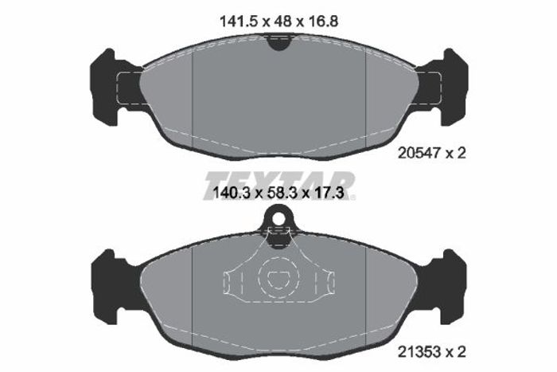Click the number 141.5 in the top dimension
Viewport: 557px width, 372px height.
239,22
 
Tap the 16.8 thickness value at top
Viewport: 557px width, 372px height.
322,22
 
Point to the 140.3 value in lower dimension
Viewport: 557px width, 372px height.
232,193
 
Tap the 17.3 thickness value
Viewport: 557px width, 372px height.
328,193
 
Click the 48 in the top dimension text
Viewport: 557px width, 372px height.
282,22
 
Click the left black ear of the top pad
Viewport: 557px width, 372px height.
110,87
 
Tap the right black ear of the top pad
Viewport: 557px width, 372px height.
448,87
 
